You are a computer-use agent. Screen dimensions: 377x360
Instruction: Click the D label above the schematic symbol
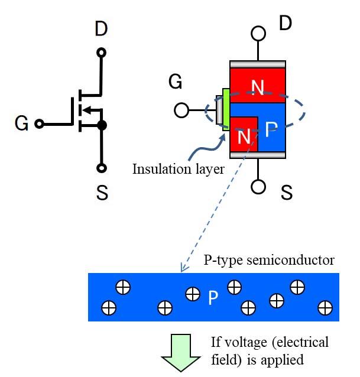tap(102, 28)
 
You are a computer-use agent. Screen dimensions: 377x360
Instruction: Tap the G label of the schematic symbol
tap(21, 123)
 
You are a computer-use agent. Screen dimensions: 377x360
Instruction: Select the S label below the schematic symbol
tap(102, 193)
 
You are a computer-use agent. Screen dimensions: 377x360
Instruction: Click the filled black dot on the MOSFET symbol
tap(102, 125)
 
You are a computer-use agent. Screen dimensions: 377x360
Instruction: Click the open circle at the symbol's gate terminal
tap(39, 123)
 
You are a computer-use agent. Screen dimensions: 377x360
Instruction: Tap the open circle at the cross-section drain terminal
tap(258, 32)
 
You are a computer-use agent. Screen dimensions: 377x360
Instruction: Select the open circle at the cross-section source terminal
tap(258, 187)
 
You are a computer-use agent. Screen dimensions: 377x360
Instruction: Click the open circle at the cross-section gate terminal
tap(181, 110)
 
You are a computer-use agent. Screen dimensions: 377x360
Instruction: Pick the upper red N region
tap(258, 86)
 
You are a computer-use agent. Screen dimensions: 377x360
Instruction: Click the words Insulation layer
tap(179, 170)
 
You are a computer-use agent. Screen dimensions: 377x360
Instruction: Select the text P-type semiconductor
tap(269, 260)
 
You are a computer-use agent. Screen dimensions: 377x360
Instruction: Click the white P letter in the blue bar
tap(213, 298)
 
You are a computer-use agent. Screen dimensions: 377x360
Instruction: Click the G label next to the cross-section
tap(175, 82)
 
